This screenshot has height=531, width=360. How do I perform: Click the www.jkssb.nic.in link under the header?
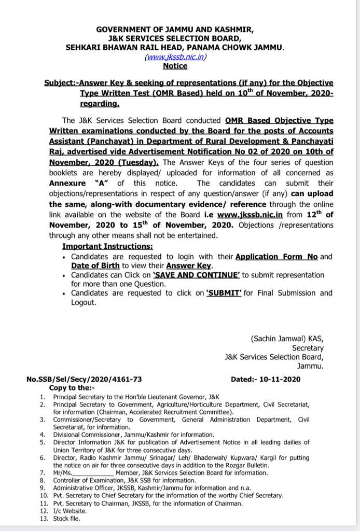pos(175,57)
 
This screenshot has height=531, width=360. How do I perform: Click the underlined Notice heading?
pos(175,66)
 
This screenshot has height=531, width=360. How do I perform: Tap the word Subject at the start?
pos(59,83)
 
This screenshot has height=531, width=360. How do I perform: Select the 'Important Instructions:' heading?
pos(107,246)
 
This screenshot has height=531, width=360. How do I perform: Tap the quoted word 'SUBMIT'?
pos(224,293)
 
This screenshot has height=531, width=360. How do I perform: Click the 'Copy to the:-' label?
pos(72,387)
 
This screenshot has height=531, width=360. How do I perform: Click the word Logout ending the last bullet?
pos(84,302)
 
